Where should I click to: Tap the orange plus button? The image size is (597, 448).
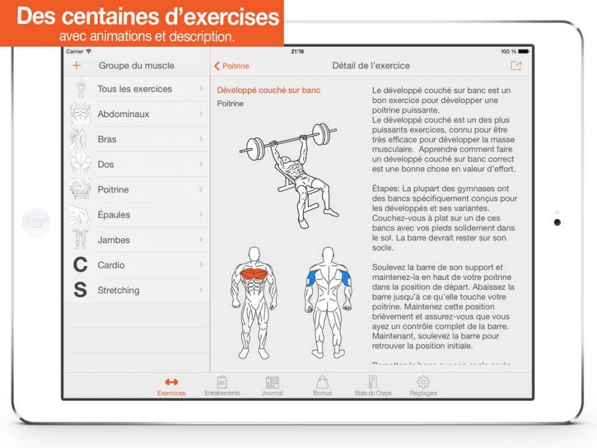click(76, 66)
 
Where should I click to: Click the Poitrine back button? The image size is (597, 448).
click(231, 66)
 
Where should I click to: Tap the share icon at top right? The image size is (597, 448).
click(516, 66)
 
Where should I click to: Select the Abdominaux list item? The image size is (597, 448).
click(123, 114)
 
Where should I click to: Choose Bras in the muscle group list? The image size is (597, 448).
click(107, 139)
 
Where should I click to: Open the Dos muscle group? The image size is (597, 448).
click(106, 164)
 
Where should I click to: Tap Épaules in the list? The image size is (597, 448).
click(114, 215)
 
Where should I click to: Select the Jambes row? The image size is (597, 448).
click(114, 240)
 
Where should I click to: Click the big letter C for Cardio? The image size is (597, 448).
click(80, 265)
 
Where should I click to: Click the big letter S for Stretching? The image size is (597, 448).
click(80, 291)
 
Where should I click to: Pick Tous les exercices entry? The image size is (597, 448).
click(135, 89)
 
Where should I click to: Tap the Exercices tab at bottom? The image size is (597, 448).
click(171, 386)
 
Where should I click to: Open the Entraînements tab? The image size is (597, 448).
click(222, 386)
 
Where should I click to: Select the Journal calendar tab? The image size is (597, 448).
click(272, 386)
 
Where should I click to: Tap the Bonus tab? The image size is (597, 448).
click(322, 386)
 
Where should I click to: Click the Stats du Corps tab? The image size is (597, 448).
click(372, 386)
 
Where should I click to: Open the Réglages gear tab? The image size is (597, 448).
click(423, 386)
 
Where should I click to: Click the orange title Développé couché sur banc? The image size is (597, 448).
click(269, 90)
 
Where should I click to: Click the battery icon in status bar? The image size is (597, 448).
click(524, 51)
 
